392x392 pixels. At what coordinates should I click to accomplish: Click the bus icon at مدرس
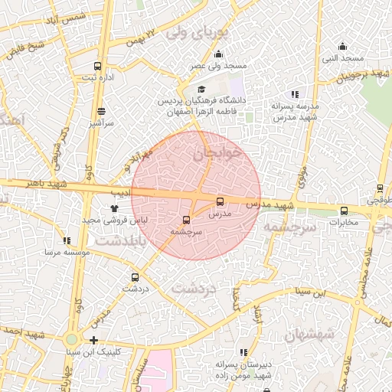[220, 202]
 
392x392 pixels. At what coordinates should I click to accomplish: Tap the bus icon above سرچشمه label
[186, 220]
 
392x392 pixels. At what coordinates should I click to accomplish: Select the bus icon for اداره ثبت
[97, 66]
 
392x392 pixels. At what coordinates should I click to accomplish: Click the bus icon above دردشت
[136, 278]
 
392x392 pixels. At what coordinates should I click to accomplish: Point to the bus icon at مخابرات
[344, 211]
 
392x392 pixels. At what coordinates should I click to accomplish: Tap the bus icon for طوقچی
[380, 188]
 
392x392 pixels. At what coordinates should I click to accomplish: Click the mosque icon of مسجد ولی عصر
[219, 54]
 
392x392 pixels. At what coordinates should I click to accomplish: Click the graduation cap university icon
[201, 90]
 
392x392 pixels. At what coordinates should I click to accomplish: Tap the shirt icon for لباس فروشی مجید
[114, 207]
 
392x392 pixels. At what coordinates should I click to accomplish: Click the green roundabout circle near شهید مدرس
[71, 339]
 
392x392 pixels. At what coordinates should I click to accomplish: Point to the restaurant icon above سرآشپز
[101, 111]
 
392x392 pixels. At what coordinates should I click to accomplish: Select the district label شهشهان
[309, 335]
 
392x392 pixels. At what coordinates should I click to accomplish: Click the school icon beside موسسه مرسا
[88, 241]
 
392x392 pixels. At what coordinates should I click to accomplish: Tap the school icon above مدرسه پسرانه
[296, 95]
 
